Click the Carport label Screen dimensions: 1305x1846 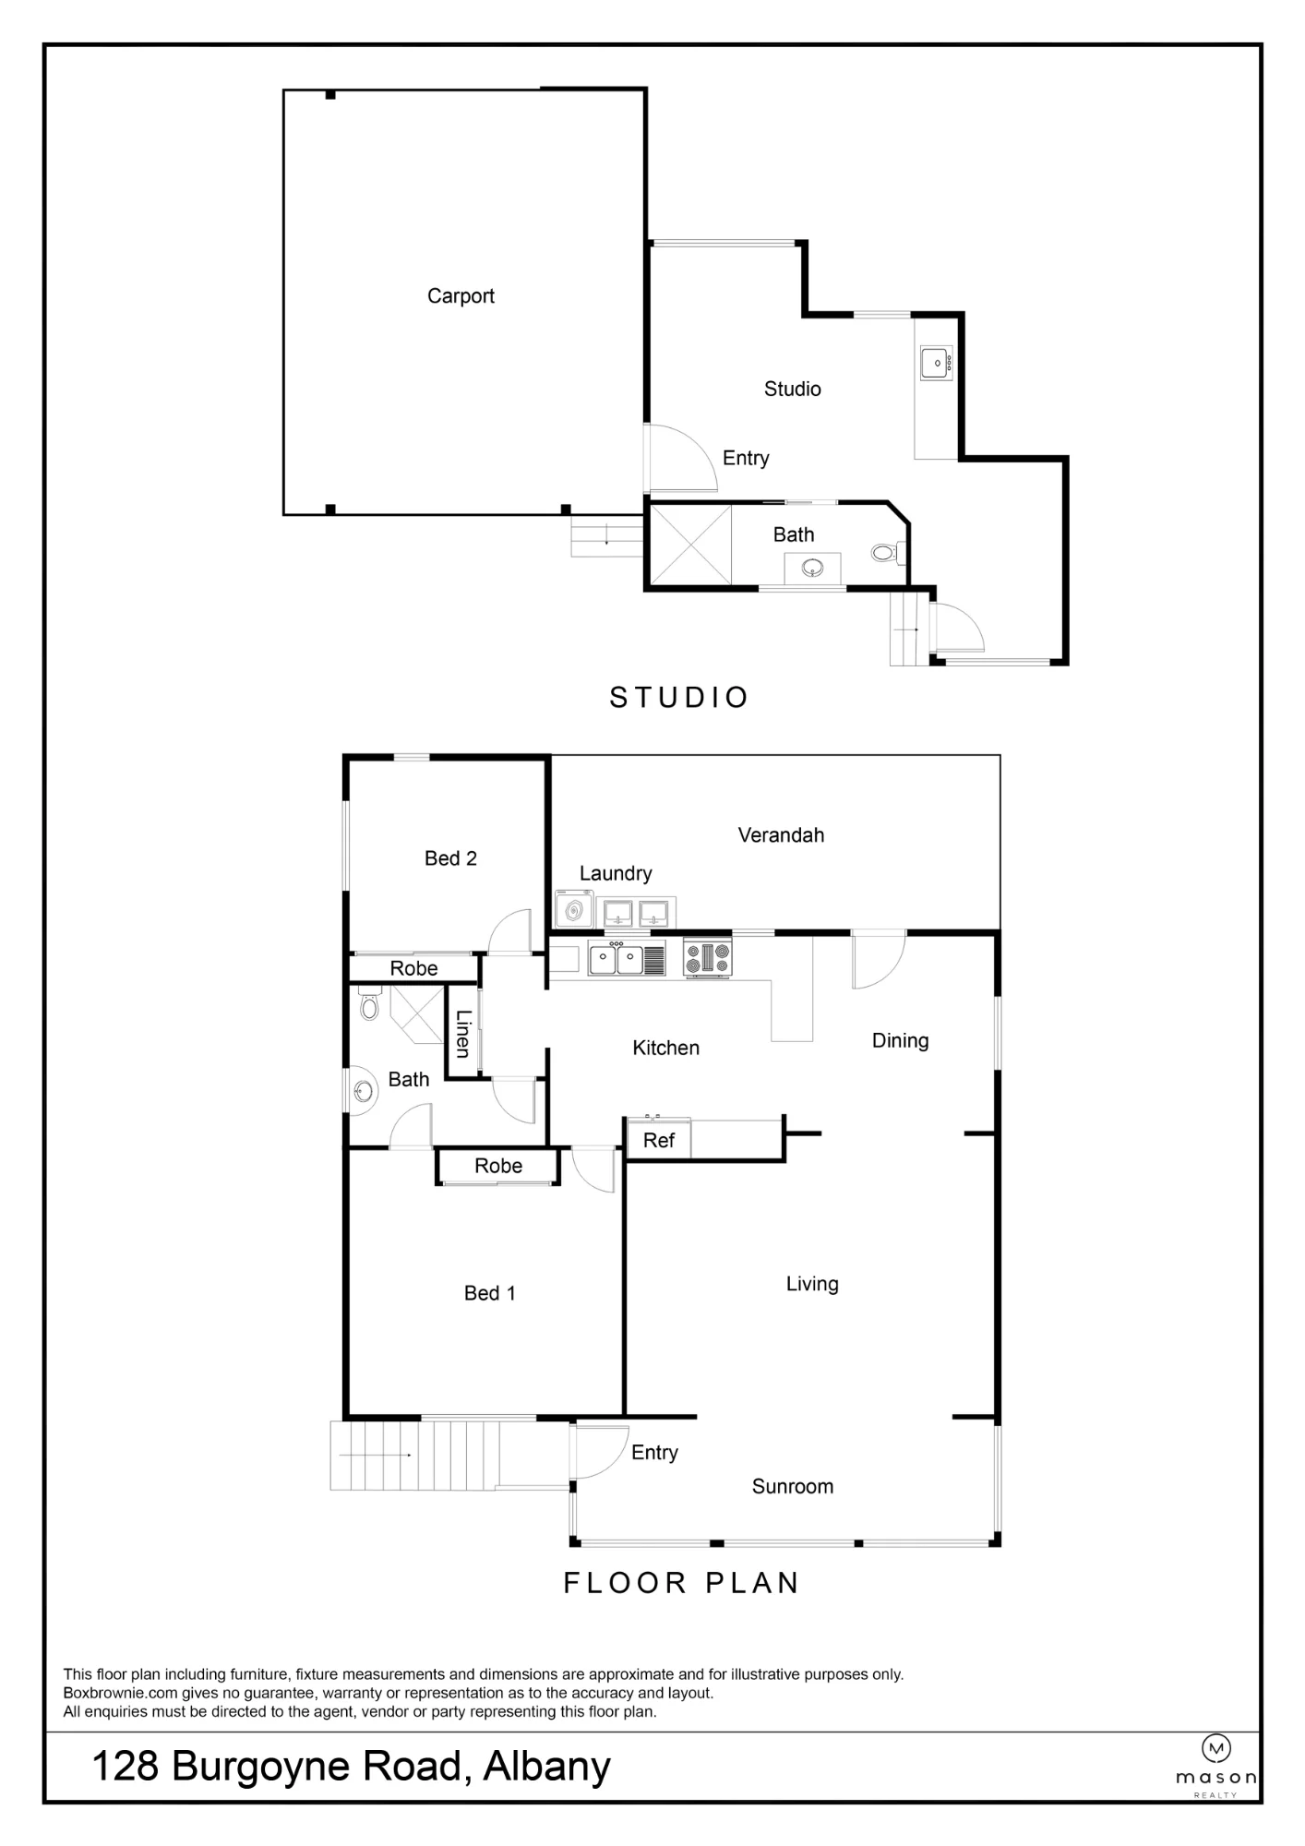pos(461,296)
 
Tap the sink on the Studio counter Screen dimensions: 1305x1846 pos(936,364)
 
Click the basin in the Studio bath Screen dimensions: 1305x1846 pos(812,569)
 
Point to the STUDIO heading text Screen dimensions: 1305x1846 pos(678,697)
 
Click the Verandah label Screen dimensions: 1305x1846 pos(781,835)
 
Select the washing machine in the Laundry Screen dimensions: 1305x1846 pos(574,910)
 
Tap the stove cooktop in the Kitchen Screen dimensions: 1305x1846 pos(708,957)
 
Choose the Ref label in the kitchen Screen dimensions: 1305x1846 pos(659,1141)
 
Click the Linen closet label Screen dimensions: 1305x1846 pos(463,1034)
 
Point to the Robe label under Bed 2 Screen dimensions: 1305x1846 pos(413,968)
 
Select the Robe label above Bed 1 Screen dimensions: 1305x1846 pos(498,1166)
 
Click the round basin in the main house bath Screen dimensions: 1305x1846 pos(365,1092)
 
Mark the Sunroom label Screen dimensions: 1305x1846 pos(793,1486)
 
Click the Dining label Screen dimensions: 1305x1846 pos(900,1041)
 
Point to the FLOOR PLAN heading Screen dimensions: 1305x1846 pos(681,1583)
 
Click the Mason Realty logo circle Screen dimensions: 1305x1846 pos(1215,1747)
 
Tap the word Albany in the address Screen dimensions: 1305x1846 pos(546,1767)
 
